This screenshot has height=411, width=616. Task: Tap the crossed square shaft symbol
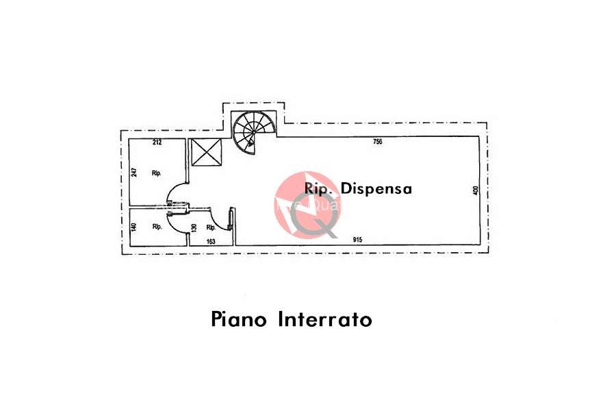(x=207, y=152)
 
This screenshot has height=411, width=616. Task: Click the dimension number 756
(x=377, y=142)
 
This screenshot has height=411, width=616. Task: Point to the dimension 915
(x=357, y=239)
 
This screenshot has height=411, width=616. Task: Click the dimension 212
(x=157, y=142)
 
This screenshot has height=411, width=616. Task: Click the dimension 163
(x=211, y=240)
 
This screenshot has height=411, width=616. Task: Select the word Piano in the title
(x=240, y=319)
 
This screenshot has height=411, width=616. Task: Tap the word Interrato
(x=325, y=319)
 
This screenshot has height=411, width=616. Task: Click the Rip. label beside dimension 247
(x=156, y=174)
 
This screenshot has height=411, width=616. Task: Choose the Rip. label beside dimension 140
(x=156, y=227)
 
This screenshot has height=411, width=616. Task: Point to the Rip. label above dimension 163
(x=211, y=227)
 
